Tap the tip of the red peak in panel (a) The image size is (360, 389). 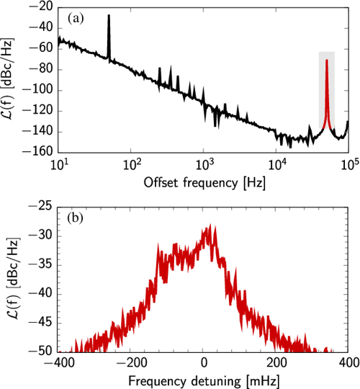click(x=326, y=61)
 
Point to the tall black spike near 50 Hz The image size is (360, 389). click(x=109, y=16)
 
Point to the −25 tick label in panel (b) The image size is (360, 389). click(x=42, y=205)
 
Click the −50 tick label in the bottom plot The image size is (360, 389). click(x=42, y=352)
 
